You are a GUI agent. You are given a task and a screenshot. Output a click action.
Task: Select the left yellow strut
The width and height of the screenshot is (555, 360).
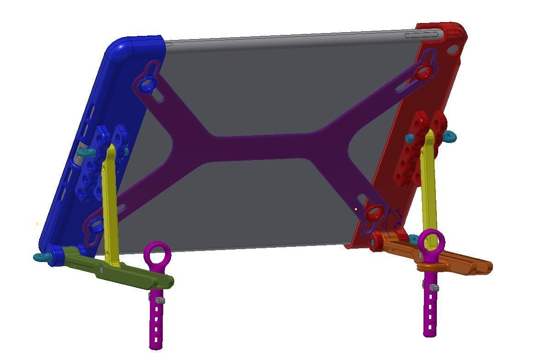click(111, 202)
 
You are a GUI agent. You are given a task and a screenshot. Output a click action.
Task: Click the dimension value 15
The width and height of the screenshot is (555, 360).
click(385, 225)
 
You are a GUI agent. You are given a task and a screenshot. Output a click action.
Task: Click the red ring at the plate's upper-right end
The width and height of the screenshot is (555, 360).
click(424, 72)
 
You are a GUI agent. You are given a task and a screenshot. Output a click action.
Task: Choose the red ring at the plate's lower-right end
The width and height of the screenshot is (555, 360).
click(374, 212)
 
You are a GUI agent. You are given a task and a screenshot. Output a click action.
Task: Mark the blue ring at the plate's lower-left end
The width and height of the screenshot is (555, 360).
click(96, 225)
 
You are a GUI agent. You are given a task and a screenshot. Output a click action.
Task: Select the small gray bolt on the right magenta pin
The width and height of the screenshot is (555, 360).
click(434, 288)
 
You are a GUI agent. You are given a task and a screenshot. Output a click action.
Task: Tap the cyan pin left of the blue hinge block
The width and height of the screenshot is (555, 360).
click(85, 152)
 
